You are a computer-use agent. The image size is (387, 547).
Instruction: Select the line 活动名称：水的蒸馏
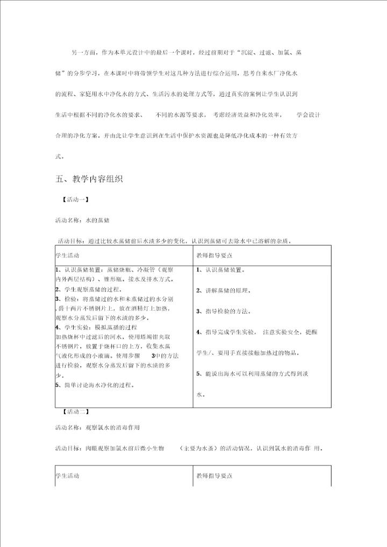click(83, 220)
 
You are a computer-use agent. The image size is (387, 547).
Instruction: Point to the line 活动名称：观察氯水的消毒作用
click(97, 428)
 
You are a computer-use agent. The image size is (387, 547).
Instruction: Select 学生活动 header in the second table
click(67, 476)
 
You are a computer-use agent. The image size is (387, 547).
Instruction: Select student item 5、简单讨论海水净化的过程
click(95, 385)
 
